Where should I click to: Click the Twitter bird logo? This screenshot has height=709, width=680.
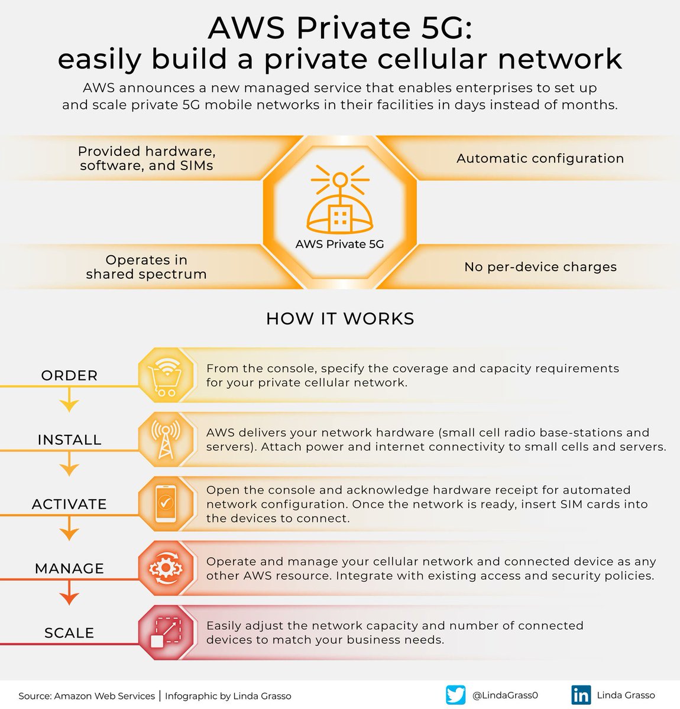(x=455, y=695)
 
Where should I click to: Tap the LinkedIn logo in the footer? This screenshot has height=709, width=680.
(x=581, y=695)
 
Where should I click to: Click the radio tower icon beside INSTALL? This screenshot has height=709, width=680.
(x=166, y=440)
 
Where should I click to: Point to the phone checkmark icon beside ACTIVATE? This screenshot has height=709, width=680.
(x=166, y=503)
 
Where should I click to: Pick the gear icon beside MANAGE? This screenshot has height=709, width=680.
(x=166, y=568)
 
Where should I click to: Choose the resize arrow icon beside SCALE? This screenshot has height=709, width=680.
(x=166, y=632)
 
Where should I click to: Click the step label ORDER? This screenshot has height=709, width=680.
(x=69, y=376)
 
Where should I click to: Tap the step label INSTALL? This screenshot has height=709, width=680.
(x=69, y=440)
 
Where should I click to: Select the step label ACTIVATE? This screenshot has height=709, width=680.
(x=69, y=504)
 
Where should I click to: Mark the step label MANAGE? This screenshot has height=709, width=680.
(x=69, y=568)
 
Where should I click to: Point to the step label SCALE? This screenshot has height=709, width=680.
(x=69, y=633)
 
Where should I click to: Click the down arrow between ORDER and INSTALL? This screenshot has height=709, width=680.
(x=69, y=399)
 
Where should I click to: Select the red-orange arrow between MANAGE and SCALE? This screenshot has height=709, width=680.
(x=69, y=593)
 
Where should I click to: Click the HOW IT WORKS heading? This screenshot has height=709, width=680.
(x=340, y=318)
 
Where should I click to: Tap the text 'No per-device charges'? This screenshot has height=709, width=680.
(x=540, y=266)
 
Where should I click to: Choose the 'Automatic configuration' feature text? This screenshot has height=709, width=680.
(x=540, y=158)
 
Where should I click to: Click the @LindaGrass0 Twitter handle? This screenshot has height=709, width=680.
(x=505, y=695)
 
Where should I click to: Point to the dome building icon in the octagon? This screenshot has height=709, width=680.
(x=340, y=199)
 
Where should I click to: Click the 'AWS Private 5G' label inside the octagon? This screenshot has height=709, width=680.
(x=340, y=244)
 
